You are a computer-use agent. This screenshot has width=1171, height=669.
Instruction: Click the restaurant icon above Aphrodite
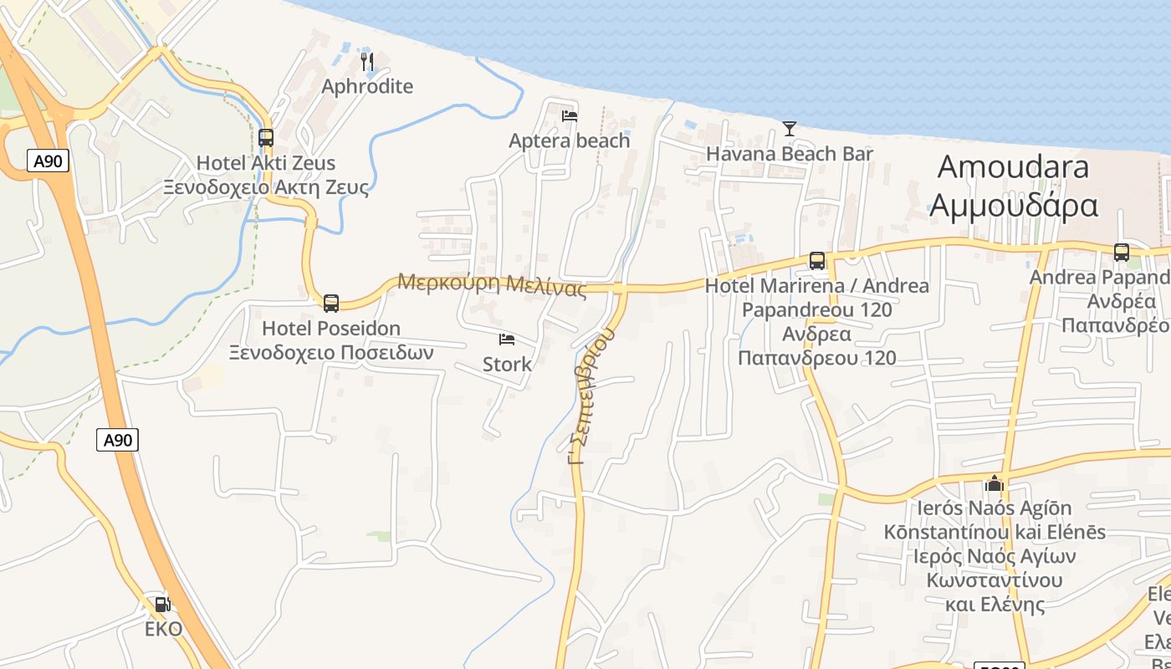pyautogui.click(x=366, y=61)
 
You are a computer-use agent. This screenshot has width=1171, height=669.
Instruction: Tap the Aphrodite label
pyautogui.click(x=367, y=86)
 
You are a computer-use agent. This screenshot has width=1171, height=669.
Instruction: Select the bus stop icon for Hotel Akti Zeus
pyautogui.click(x=266, y=138)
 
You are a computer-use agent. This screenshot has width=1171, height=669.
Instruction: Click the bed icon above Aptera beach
pyautogui.click(x=570, y=115)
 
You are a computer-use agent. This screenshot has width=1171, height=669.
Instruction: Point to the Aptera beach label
pyautogui.click(x=569, y=140)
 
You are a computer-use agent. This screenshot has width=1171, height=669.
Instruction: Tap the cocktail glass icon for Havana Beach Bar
pyautogui.click(x=789, y=128)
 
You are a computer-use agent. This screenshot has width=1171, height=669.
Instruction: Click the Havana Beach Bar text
pyautogui.click(x=789, y=154)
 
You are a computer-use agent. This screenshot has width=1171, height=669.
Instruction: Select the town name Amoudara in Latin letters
pyautogui.click(x=1013, y=166)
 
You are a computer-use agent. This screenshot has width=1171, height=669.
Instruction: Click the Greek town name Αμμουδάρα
pyautogui.click(x=1013, y=205)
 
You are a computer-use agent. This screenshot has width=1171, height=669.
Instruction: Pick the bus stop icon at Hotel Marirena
pyautogui.click(x=817, y=261)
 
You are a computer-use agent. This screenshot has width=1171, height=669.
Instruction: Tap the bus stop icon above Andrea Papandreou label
pyautogui.click(x=1121, y=252)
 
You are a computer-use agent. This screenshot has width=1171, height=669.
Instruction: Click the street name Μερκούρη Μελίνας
pyautogui.click(x=492, y=283)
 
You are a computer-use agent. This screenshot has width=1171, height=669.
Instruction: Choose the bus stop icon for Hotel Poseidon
pyautogui.click(x=331, y=303)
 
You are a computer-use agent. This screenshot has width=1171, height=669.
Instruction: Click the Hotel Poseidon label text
pyautogui.click(x=331, y=328)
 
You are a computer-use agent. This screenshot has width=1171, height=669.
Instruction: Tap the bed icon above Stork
pyautogui.click(x=507, y=340)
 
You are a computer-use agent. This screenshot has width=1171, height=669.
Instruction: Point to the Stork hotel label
pyautogui.click(x=507, y=365)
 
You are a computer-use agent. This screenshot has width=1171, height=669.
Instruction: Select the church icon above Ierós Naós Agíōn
pyautogui.click(x=994, y=483)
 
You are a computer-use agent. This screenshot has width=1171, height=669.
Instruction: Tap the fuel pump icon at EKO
pyautogui.click(x=163, y=604)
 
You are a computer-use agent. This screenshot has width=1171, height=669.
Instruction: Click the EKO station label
pyautogui.click(x=163, y=629)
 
